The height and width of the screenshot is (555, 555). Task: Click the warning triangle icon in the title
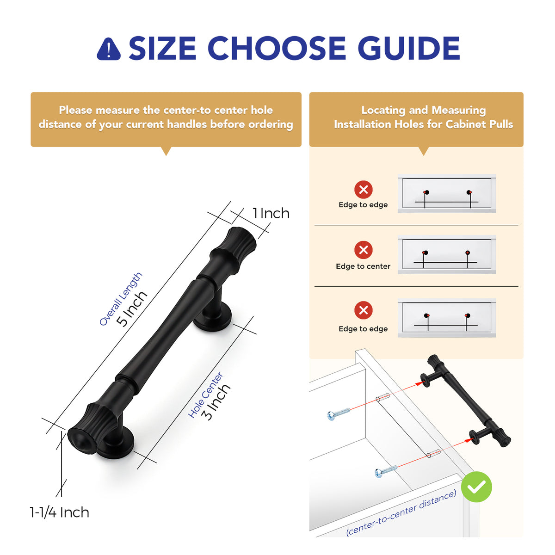click(x=109, y=49)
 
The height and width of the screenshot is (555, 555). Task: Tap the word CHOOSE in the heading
click(x=277, y=48)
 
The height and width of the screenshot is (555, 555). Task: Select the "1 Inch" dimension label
click(x=271, y=213)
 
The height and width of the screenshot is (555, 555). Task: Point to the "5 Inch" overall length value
click(x=132, y=309)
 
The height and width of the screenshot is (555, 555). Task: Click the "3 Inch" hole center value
click(x=216, y=402)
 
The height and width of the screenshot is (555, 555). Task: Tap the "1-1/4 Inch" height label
click(x=59, y=512)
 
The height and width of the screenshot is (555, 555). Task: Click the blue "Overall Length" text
click(x=120, y=299)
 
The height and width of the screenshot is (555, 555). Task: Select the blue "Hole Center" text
click(x=205, y=395)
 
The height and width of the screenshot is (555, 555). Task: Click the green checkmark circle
click(x=476, y=487)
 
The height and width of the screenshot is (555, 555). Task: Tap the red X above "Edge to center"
click(x=363, y=250)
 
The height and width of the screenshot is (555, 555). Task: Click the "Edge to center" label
click(x=363, y=266)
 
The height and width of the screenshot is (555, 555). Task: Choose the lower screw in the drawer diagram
click(x=386, y=472)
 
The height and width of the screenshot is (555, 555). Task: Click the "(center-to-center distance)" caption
click(x=401, y=512)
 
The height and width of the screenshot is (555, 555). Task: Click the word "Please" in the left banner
click(x=75, y=110)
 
